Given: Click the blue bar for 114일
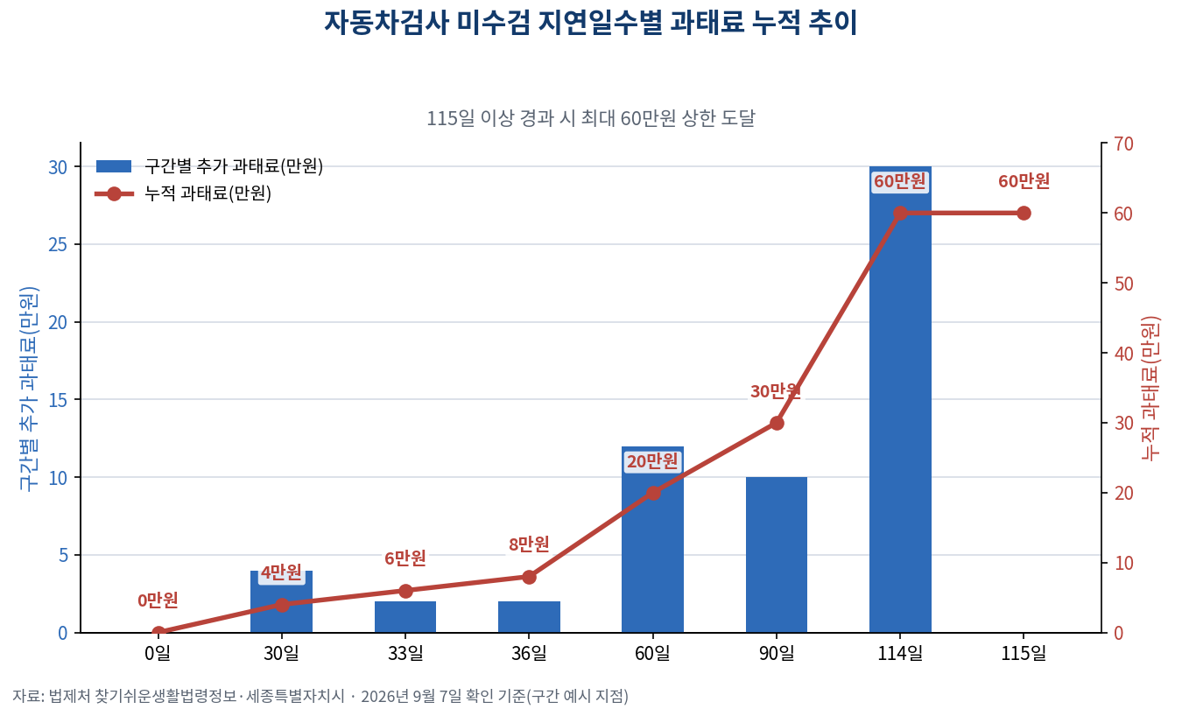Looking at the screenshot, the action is pos(900,399).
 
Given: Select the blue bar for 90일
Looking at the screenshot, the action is pos(777,554).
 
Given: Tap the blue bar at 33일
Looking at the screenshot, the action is pos(405,617).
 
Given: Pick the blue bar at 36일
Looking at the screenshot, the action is pos(529,617).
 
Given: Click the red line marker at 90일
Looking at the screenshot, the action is pos(777,423).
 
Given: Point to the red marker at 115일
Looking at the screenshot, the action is pos(1024,213).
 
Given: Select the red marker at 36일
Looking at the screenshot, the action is pos(529,577).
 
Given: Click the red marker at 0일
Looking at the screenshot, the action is pos(158,632).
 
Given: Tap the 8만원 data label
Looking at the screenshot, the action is pos(529,544).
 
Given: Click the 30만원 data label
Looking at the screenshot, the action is pos(776,391).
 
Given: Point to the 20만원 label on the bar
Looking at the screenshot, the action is pos(652,461).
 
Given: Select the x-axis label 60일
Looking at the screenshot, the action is pos(652,654).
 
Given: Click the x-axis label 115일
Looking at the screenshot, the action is pos(1024,654).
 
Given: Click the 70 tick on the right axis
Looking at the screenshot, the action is pos(1123,144).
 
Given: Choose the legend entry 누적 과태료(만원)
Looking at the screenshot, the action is pos(208,193).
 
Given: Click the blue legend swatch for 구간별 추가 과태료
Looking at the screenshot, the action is pos(114,166).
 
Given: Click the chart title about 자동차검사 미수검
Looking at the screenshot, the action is pos(590,24).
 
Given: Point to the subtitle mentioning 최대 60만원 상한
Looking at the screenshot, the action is pos(590,118).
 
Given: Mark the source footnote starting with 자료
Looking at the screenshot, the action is pos(320,697).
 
